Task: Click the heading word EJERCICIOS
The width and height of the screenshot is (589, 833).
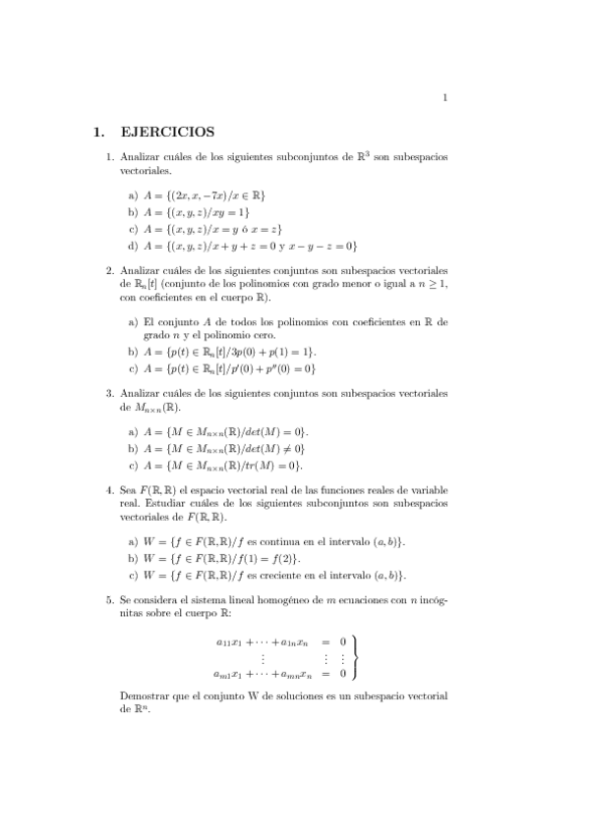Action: (166, 131)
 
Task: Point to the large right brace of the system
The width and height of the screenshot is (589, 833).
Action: (356, 657)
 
